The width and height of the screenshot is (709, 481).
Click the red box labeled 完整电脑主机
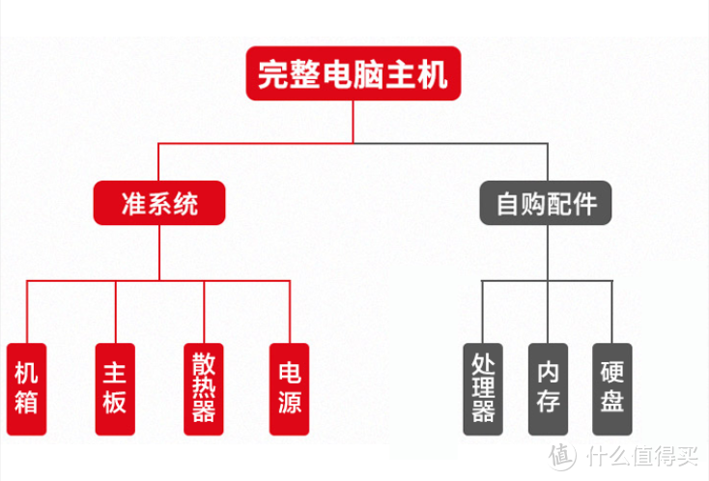(353, 73)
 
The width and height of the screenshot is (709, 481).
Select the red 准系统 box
(159, 204)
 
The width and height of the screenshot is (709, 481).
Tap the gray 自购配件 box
(546, 204)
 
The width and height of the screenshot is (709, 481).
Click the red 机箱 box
(26, 388)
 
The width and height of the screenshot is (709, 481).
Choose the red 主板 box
(114, 388)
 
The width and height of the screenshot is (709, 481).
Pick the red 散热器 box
(203, 388)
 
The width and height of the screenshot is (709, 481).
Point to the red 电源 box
(290, 388)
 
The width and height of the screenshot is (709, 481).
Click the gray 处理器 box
(483, 388)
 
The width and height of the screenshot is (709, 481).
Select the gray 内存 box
(548, 388)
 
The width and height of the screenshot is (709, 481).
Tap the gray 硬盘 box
(611, 388)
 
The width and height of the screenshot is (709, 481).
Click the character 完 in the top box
(273, 73)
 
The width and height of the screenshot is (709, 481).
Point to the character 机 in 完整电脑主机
(433, 73)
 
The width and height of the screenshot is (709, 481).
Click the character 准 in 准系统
(133, 204)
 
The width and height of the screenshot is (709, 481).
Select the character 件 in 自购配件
(584, 204)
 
